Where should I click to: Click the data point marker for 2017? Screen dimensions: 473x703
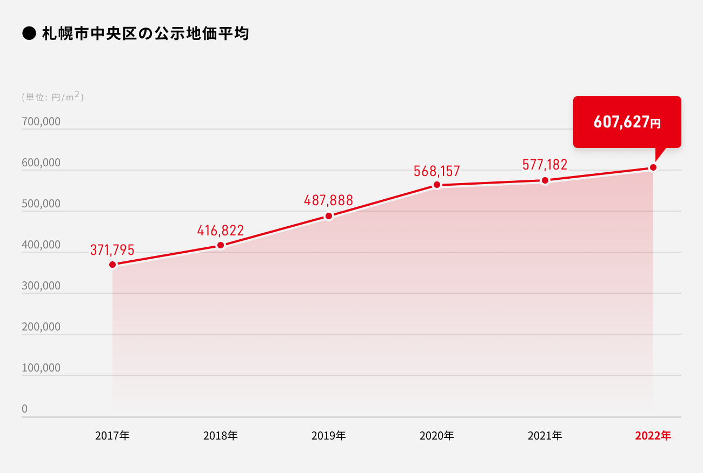pyautogui.click(x=112, y=265)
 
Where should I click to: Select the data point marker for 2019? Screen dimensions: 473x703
pyautogui.click(x=329, y=216)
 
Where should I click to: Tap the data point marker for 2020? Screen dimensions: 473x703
pyautogui.click(x=437, y=185)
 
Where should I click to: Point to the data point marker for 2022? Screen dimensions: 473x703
pyautogui.click(x=653, y=167)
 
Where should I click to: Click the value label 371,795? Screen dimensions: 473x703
pyautogui.click(x=112, y=250)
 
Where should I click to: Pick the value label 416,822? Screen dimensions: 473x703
pyautogui.click(x=220, y=231)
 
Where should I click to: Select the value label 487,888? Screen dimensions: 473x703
pyautogui.click(x=328, y=200)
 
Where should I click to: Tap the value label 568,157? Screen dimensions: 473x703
pyautogui.click(x=436, y=171)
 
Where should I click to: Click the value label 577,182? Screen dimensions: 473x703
pyautogui.click(x=545, y=165)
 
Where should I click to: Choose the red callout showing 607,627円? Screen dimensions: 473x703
pyautogui.click(x=627, y=122)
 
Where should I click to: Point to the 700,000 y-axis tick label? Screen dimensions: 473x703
pyautogui.click(x=41, y=122)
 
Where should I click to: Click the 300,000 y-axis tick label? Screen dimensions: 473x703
pyautogui.click(x=41, y=286)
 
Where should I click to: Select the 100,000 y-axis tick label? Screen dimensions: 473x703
pyautogui.click(x=41, y=368)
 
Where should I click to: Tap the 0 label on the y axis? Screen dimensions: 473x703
pyautogui.click(x=24, y=409)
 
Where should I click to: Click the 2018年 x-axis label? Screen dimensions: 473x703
pyautogui.click(x=220, y=435)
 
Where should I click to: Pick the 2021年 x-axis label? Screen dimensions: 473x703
pyautogui.click(x=545, y=435)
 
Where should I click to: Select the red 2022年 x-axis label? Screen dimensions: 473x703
pyautogui.click(x=653, y=435)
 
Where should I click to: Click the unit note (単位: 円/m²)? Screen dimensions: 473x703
pyautogui.click(x=52, y=97)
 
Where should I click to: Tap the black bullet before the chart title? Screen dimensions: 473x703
pyautogui.click(x=28, y=35)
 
